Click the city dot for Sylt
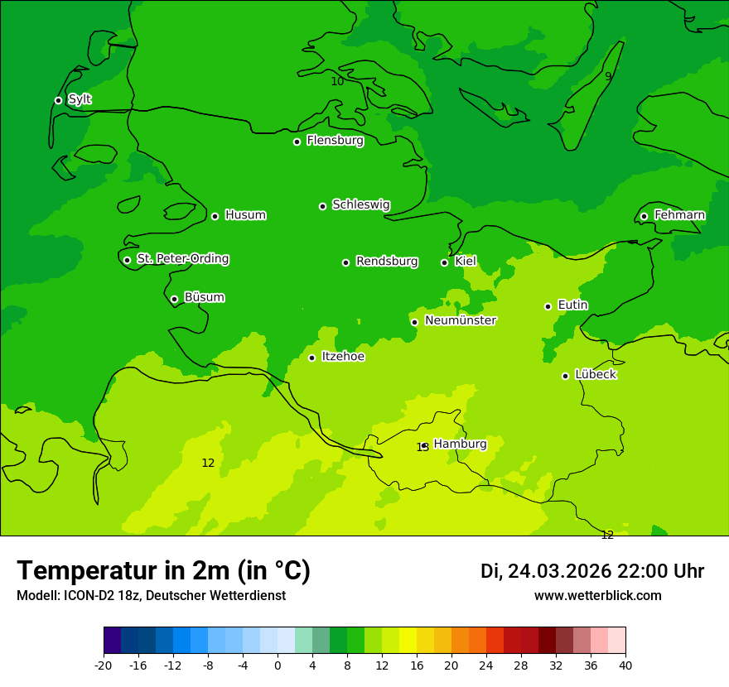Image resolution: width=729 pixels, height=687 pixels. click(58, 100)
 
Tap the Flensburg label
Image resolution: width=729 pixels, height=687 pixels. click(335, 141)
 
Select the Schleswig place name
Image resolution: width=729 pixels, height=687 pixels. click(360, 204)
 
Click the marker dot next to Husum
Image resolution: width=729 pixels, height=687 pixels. click(215, 216)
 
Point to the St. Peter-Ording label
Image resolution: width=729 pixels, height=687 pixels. click(182, 259)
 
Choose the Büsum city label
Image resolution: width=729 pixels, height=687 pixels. click(204, 297)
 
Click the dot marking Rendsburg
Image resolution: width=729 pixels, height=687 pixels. click(345, 262)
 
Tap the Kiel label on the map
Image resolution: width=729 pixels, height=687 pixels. click(465, 262)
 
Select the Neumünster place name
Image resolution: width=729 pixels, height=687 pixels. click(460, 320)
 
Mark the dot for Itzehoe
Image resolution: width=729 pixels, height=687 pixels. click(311, 358)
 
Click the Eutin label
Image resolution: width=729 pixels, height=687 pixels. click(572, 305)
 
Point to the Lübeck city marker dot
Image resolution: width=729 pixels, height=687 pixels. click(565, 376)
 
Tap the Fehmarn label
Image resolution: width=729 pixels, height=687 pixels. click(679, 215)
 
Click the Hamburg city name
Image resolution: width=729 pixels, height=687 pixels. click(460, 444)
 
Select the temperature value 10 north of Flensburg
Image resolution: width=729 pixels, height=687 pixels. click(337, 81)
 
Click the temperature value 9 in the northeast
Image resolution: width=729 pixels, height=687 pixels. click(608, 76)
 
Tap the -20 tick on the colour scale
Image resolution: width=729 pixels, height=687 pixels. click(104, 665)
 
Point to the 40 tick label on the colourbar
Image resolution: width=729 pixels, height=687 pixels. click(625, 665)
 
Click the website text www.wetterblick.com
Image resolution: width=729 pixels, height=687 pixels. click(597, 596)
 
